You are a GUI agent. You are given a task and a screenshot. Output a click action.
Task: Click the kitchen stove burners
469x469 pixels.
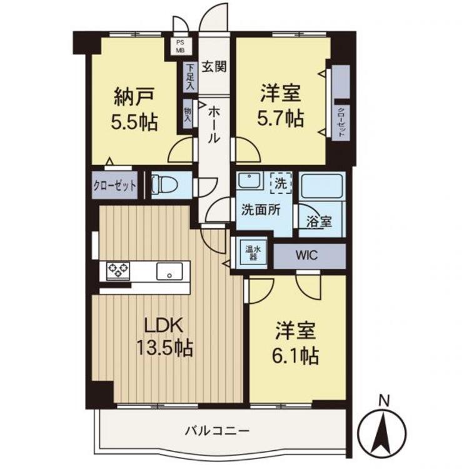click(118, 271)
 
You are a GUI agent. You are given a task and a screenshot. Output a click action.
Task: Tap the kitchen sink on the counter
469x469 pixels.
click(169, 271)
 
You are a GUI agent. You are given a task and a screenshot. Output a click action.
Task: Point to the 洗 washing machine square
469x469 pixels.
click(281, 184)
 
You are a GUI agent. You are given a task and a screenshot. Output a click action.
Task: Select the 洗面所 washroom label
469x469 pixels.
click(258, 210)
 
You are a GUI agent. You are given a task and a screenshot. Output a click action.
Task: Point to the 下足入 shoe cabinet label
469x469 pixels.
click(189, 78)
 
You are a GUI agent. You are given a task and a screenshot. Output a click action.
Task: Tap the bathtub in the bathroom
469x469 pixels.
click(321, 187)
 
